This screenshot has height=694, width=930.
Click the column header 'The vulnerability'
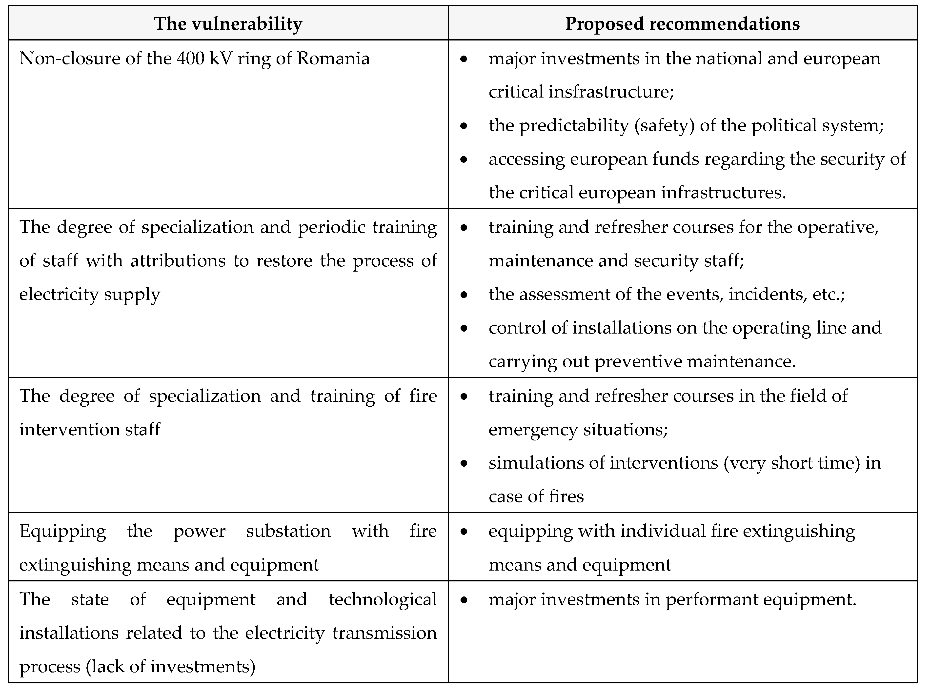pos(228,23)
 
